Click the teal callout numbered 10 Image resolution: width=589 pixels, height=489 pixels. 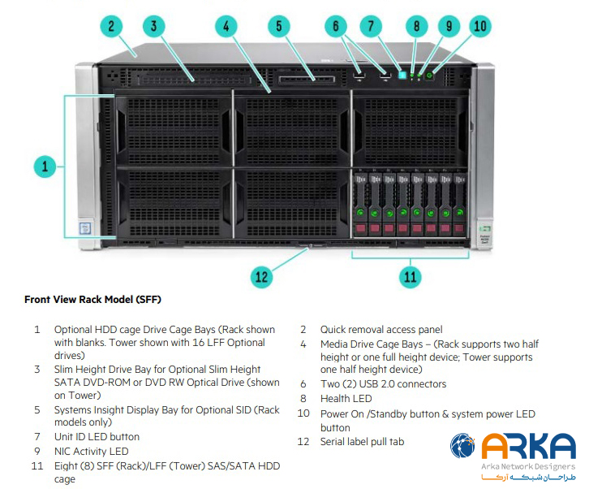click(480, 26)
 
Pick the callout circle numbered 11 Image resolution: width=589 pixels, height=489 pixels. click(411, 276)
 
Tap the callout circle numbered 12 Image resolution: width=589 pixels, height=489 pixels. click(261, 276)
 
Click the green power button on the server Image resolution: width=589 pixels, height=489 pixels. click(430, 76)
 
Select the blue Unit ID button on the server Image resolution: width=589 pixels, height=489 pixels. click(402, 75)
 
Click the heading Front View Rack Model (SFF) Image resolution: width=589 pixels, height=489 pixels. click(92, 300)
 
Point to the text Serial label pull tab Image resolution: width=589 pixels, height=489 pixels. click(362, 441)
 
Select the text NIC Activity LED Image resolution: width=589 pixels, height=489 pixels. click(91, 451)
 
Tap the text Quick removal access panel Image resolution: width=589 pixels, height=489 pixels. click(381, 330)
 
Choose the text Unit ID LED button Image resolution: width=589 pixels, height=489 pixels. click(97, 436)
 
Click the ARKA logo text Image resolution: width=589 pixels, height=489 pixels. click(528, 446)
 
